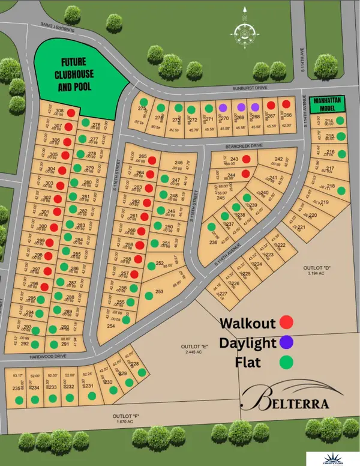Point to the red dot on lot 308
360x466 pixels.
[x=71, y=112]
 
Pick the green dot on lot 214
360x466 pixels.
[x=340, y=121]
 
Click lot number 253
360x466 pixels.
[x=159, y=292]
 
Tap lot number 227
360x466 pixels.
[x=222, y=294]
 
